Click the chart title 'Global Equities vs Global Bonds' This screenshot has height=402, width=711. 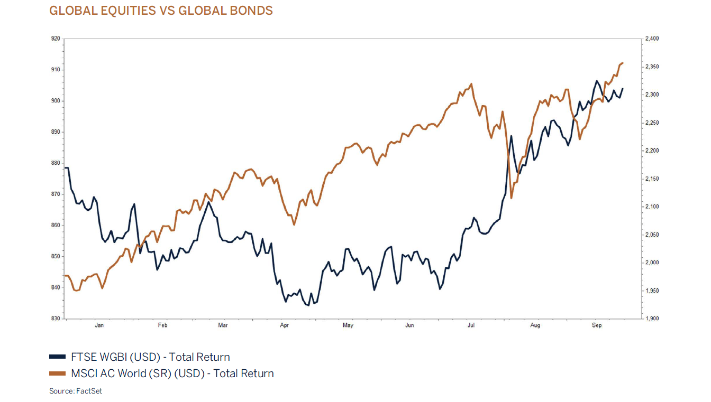pyautogui.click(x=161, y=11)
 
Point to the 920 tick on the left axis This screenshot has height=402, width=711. pyautogui.click(x=55, y=39)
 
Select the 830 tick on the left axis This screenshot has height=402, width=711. pyautogui.click(x=55, y=319)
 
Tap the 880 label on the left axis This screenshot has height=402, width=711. pyautogui.click(x=55, y=163)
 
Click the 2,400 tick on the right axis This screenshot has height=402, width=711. pyautogui.click(x=652, y=39)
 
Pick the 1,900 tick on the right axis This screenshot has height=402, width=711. pyautogui.click(x=652, y=319)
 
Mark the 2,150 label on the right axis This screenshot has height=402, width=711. pyautogui.click(x=652, y=179)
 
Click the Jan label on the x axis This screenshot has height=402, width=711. pyautogui.click(x=99, y=325)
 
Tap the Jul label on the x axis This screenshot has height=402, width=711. pyautogui.click(x=471, y=325)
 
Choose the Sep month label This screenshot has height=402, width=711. pyautogui.click(x=597, y=325)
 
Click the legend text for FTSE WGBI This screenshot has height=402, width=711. pyautogui.click(x=150, y=357)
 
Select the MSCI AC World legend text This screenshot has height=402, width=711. pyautogui.click(x=172, y=373)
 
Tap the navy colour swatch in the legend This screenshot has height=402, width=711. pyautogui.click(x=58, y=358)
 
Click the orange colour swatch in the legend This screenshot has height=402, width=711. pyautogui.click(x=58, y=374)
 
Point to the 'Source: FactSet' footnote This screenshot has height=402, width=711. pyautogui.click(x=76, y=391)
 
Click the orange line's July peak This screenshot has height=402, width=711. pyautogui.click(x=471, y=83)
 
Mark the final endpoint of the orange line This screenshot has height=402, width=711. pyautogui.click(x=623, y=63)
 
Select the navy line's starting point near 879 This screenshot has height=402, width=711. pyautogui.click(x=65, y=168)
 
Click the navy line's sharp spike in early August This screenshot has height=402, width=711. pyautogui.click(x=511, y=136)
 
